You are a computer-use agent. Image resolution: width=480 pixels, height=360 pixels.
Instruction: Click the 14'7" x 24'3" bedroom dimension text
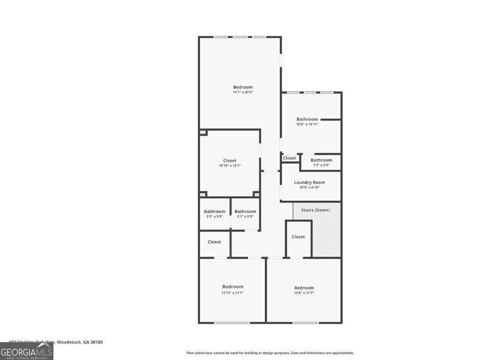(x=243, y=92)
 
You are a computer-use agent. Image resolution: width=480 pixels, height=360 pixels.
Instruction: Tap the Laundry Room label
(x=309, y=182)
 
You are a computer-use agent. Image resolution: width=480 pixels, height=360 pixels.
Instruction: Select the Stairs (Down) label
(x=315, y=210)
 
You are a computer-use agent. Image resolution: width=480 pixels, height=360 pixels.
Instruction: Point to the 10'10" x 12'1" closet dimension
(x=230, y=165)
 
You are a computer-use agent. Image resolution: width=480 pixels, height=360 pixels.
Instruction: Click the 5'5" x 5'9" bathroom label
(x=215, y=211)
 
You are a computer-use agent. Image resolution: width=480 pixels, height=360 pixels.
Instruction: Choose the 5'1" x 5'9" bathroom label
(x=245, y=211)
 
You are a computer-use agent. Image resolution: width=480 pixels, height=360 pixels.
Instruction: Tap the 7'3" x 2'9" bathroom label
(x=321, y=160)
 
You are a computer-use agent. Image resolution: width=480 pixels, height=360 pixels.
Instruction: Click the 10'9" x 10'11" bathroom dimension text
(x=307, y=124)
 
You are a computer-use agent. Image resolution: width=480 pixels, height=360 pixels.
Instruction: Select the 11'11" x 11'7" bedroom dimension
(x=232, y=292)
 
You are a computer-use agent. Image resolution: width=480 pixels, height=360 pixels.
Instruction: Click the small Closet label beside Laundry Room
(x=290, y=158)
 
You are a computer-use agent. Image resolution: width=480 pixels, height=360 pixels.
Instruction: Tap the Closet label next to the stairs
(x=298, y=237)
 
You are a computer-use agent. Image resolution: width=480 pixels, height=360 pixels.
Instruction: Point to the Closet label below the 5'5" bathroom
(x=214, y=242)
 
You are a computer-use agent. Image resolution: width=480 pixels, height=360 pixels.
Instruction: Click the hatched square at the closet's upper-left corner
(x=203, y=133)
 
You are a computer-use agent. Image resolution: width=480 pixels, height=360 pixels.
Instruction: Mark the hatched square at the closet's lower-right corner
(x=256, y=194)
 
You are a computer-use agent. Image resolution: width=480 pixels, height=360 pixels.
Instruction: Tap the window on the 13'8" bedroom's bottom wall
(x=306, y=322)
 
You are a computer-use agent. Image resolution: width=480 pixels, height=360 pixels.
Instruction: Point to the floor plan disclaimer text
(x=270, y=353)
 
